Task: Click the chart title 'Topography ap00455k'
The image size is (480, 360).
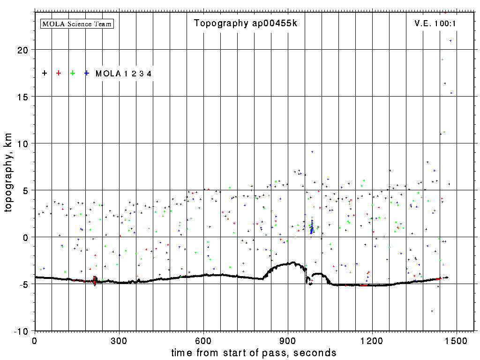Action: tap(246, 23)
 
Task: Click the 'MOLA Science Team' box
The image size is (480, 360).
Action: tap(77, 23)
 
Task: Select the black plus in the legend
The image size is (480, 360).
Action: tap(45, 73)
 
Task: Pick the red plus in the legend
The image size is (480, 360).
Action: tap(59, 73)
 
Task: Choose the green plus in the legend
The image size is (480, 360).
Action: tap(73, 73)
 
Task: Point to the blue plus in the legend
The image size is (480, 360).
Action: tap(87, 73)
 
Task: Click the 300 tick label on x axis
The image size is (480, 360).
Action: tap(119, 340)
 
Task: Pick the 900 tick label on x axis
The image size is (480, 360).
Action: tap(288, 340)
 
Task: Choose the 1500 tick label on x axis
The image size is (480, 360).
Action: tap(457, 340)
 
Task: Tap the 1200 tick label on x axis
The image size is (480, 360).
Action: tap(372, 340)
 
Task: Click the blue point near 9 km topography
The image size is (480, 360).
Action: tap(312, 152)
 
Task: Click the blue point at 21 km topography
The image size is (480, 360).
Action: tap(450, 41)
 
